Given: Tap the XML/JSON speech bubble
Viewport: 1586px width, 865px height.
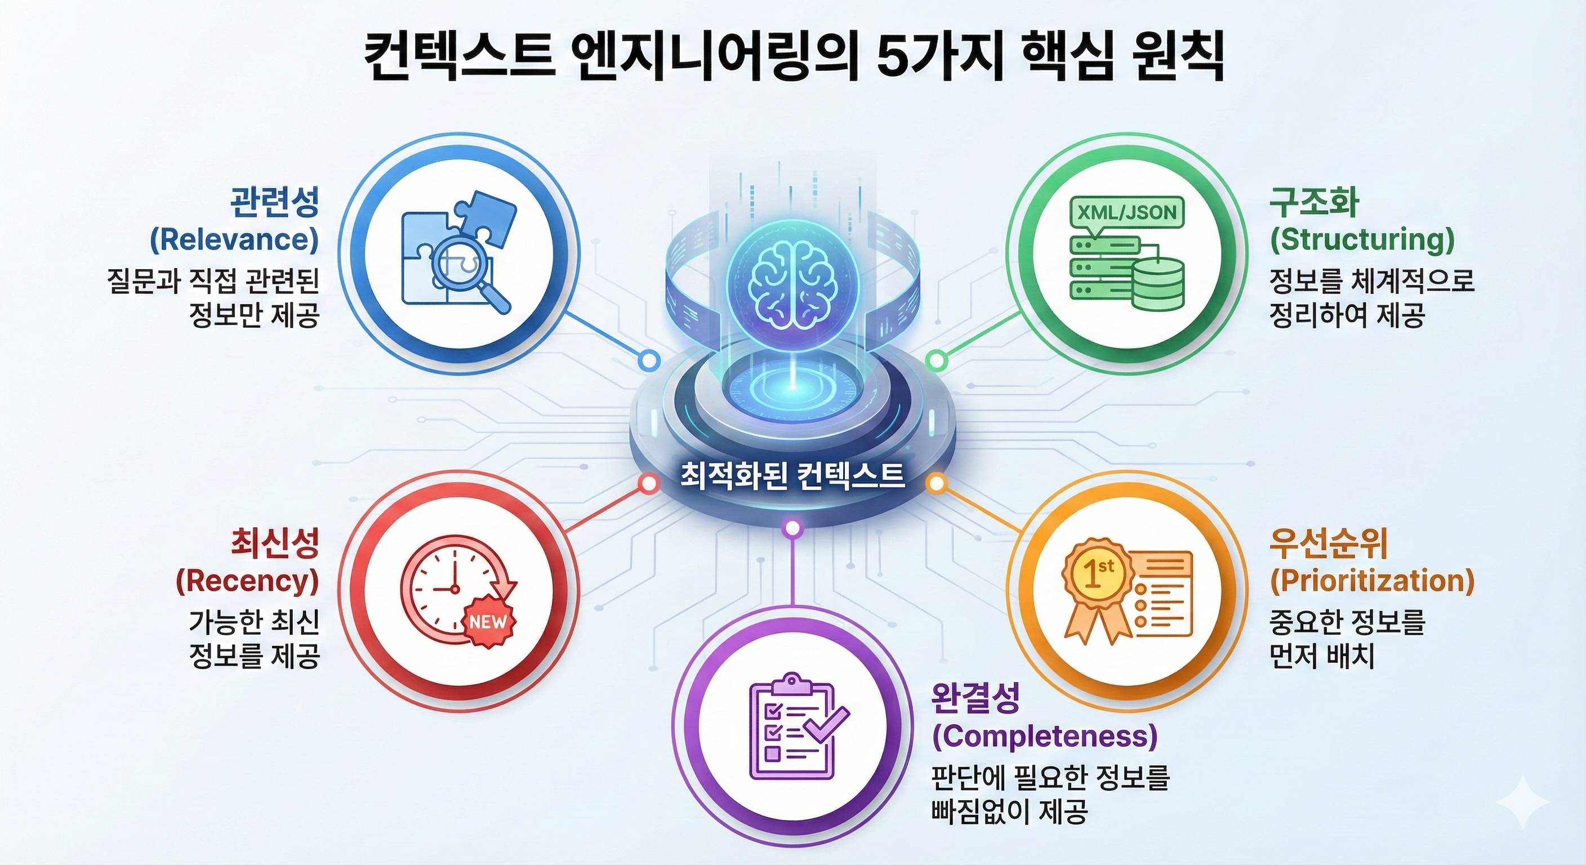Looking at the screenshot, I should (x=1126, y=213).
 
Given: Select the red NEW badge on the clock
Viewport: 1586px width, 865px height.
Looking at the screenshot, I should (x=488, y=622).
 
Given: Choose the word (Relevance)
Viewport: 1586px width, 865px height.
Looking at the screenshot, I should (x=234, y=239).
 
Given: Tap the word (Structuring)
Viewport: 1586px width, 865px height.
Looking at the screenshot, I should (x=1362, y=239).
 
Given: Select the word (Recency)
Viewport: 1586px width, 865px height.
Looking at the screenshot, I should (x=247, y=581).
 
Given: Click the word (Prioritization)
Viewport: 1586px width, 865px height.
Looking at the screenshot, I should (x=1373, y=581).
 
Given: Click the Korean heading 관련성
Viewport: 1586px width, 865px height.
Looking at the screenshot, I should (x=275, y=202).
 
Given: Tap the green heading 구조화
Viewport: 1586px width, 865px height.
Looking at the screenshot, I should (x=1314, y=202).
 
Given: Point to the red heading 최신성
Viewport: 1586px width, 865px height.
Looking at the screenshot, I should (x=275, y=543).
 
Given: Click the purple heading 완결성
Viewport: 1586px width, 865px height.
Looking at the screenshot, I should (x=977, y=698).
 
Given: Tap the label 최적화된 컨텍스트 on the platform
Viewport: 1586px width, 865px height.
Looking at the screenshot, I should (x=792, y=475).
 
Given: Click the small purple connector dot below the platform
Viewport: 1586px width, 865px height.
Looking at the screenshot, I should (x=793, y=528).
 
